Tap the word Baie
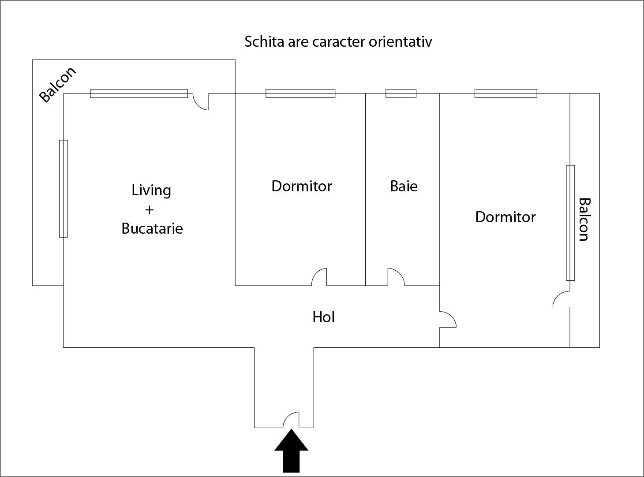click(404, 186)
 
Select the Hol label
click(323, 317)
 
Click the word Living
click(151, 190)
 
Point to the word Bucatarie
click(152, 228)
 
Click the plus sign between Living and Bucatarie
click(149, 209)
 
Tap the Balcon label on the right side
click(584, 219)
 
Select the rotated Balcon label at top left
click(57, 85)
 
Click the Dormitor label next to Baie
click(302, 186)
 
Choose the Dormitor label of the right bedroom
click(505, 217)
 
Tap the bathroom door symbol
click(396, 277)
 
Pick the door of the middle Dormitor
click(319, 277)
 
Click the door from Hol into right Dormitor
click(448, 320)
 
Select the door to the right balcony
click(561, 299)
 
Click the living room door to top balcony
click(202, 102)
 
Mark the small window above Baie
click(401, 93)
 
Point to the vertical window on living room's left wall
click(64, 189)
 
